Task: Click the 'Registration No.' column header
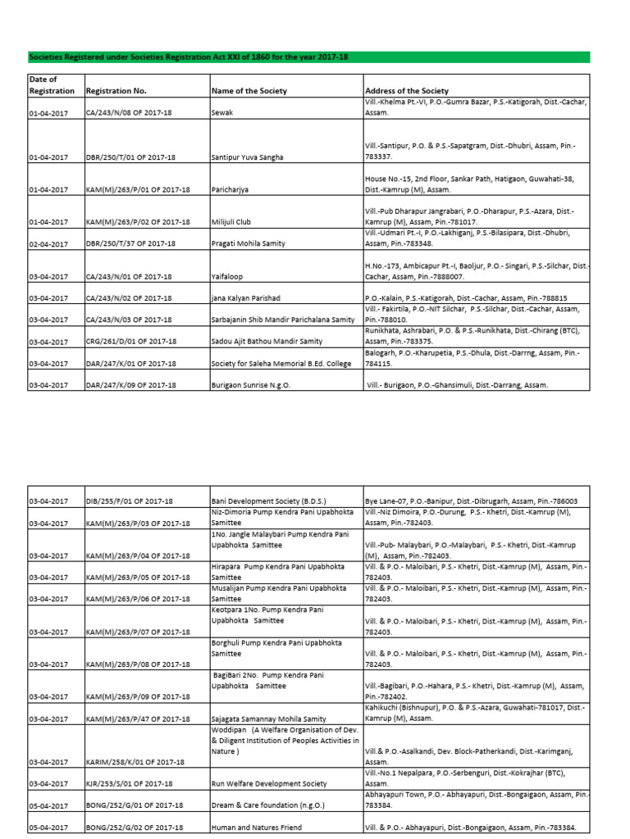[116, 91]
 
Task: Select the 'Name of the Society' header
[249, 91]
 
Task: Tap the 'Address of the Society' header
[407, 91]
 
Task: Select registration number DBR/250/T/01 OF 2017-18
[131, 156]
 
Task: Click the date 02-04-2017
[48, 243]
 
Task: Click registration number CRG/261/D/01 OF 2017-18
[130, 341]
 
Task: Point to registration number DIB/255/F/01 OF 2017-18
[129, 501]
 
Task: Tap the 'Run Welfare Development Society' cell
[269, 784]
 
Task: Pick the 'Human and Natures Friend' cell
[256, 828]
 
